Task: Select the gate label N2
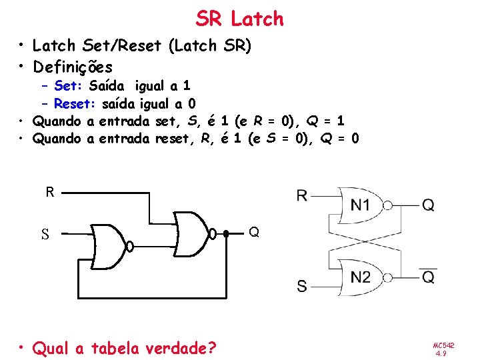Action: [x=361, y=277]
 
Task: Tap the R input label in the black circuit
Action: [x=50, y=193]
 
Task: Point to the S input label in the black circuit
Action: [x=45, y=235]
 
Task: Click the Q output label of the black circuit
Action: [x=254, y=233]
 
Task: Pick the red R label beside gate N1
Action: [x=302, y=195]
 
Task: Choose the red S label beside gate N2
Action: [x=302, y=287]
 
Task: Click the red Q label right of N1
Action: [x=428, y=205]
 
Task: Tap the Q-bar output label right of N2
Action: [x=428, y=275]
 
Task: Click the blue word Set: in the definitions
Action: [x=69, y=85]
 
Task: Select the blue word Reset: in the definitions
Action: [x=75, y=103]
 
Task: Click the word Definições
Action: [x=73, y=67]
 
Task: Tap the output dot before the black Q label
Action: [x=226, y=234]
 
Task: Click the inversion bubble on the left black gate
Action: [x=131, y=247]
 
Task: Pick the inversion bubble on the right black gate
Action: [x=213, y=234]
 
